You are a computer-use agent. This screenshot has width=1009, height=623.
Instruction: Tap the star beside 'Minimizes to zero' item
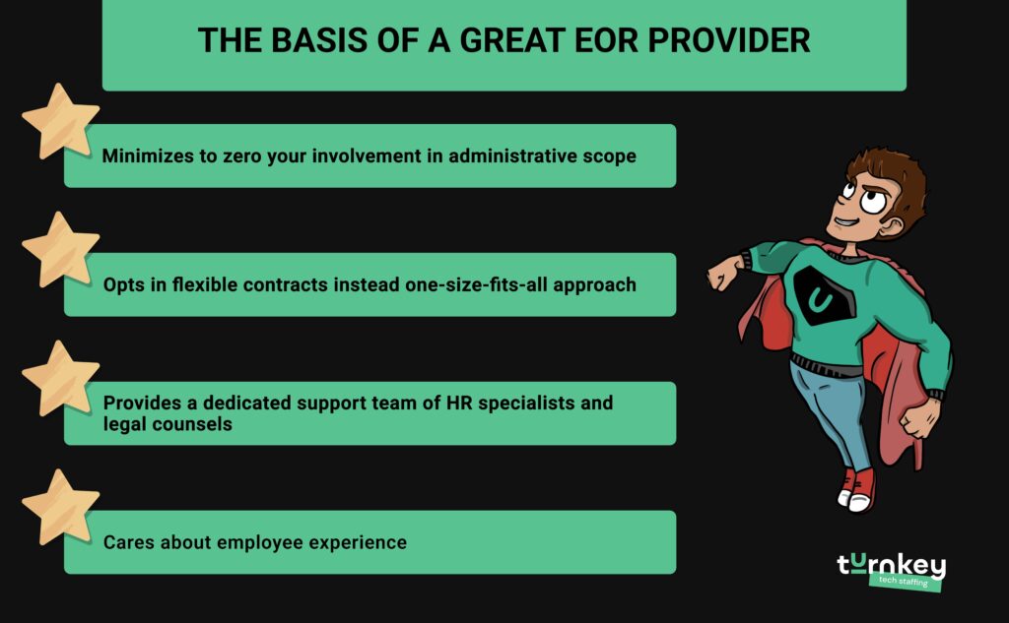59,120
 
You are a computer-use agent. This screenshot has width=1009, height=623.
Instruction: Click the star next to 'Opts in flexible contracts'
59,249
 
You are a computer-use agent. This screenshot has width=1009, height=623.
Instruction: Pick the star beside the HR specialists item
59,378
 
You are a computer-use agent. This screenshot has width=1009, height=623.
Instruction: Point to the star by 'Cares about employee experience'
59,506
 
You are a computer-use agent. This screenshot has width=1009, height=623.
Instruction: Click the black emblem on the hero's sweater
820,293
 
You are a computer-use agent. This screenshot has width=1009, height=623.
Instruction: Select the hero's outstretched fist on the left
724,274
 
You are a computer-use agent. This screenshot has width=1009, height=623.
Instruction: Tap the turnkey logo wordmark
891,565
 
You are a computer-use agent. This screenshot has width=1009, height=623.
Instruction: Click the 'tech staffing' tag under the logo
905,582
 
